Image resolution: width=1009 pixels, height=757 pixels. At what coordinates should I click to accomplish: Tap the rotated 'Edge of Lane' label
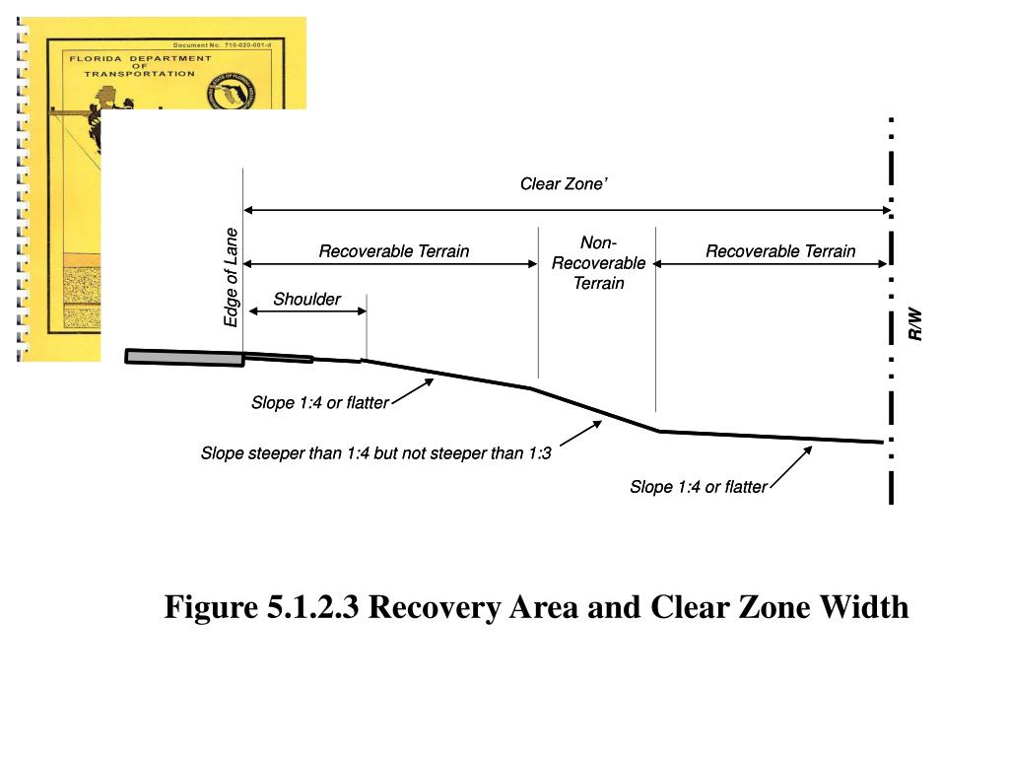[231, 278]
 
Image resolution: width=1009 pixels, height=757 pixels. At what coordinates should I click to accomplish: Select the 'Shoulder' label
[306, 300]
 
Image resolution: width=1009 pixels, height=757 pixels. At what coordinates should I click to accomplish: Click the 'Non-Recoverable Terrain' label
[598, 263]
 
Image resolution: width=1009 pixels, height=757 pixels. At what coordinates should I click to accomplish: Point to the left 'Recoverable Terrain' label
[393, 251]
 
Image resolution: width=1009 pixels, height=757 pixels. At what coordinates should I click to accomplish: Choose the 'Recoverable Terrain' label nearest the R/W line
[779, 251]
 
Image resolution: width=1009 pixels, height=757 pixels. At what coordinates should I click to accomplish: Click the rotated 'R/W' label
[915, 324]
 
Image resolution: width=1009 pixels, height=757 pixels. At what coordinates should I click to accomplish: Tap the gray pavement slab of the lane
[184, 357]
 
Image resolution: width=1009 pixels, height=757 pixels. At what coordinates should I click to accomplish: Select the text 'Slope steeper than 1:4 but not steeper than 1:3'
[375, 454]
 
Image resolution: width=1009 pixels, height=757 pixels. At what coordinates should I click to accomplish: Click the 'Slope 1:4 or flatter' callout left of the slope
[319, 402]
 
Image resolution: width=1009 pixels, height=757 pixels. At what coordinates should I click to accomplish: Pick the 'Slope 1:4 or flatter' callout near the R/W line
[698, 487]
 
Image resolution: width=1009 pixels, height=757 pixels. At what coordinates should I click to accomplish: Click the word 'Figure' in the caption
[211, 607]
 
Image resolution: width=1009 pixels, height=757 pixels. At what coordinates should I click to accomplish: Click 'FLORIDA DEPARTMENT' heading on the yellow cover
[139, 58]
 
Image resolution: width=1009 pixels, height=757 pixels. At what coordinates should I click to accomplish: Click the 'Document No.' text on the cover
[200, 45]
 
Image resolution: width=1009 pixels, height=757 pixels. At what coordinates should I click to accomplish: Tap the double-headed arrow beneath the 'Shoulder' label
[306, 311]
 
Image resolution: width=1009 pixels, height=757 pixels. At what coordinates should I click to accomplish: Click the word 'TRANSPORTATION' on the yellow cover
[139, 74]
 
